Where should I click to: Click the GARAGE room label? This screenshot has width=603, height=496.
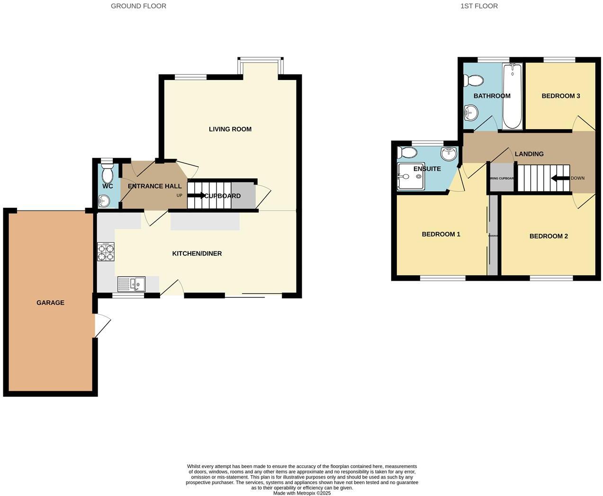tap(50, 302)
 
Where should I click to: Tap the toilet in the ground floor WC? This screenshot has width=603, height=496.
tap(108, 174)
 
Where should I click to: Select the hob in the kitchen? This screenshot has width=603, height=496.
tap(106, 252)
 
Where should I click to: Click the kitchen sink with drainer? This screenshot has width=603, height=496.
tap(132, 284)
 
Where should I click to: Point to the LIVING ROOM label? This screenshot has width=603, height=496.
tap(230, 129)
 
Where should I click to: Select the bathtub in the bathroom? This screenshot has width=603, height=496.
tap(512, 97)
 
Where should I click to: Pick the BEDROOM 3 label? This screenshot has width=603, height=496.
tap(561, 96)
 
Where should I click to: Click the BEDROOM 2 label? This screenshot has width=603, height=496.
tap(549, 236)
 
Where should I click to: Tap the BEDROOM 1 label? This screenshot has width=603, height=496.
tap(441, 234)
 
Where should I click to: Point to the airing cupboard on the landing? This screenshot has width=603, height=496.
tap(501, 178)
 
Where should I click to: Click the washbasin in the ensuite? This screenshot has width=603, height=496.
tap(448, 153)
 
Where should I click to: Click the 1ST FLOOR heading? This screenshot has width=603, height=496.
tap(479, 6)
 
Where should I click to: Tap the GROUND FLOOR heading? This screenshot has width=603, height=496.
tap(138, 6)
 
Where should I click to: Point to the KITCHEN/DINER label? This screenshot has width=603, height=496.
tap(197, 254)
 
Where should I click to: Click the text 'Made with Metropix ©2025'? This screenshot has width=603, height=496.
tap(302, 493)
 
